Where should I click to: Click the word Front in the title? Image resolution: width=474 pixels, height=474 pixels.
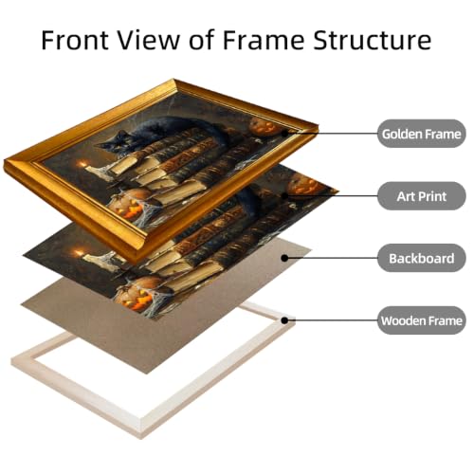click(x=75, y=40)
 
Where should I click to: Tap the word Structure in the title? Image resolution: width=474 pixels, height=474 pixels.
click(x=372, y=40)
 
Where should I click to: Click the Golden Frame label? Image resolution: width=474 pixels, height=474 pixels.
click(x=422, y=134)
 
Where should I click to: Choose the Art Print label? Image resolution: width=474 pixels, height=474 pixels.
click(x=422, y=196)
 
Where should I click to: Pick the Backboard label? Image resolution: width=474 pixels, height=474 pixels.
click(x=422, y=258)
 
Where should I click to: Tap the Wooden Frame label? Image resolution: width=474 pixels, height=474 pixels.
click(x=422, y=320)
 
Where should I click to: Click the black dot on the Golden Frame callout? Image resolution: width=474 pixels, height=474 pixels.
click(x=284, y=134)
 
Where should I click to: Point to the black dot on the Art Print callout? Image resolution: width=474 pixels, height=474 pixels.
click(x=284, y=196)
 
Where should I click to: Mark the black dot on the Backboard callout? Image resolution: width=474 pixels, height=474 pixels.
click(x=284, y=258)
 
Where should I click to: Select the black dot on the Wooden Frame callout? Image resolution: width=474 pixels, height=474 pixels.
click(x=284, y=320)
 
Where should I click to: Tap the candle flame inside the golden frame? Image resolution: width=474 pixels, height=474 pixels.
click(x=83, y=164)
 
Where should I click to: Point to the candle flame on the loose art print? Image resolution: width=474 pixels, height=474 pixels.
click(x=79, y=253)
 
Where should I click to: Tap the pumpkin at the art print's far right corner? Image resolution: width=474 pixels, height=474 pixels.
click(x=306, y=187)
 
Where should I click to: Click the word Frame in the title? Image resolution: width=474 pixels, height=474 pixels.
click(x=264, y=40)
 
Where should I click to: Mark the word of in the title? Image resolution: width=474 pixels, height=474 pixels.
click(x=202, y=40)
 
